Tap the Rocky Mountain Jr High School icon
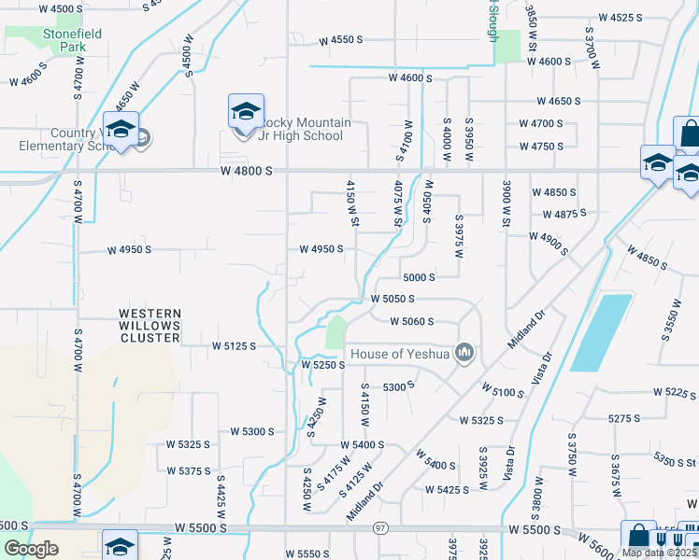tap(246, 113)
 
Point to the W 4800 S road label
tap(247, 171)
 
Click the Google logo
tap(31, 549)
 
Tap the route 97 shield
tap(379, 529)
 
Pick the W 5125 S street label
tap(230, 345)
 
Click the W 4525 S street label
tap(622, 18)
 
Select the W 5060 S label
tap(412, 321)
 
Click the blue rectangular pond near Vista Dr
tap(601, 332)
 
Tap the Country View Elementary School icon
tap(121, 131)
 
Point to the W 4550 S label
tap(340, 40)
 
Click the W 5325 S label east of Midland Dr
tap(482, 420)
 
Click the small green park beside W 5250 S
tap(335, 332)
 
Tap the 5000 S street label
tap(420, 277)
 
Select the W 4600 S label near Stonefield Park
tap(28, 75)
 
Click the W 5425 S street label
tap(447, 489)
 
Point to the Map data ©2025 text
tap(658, 553)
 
